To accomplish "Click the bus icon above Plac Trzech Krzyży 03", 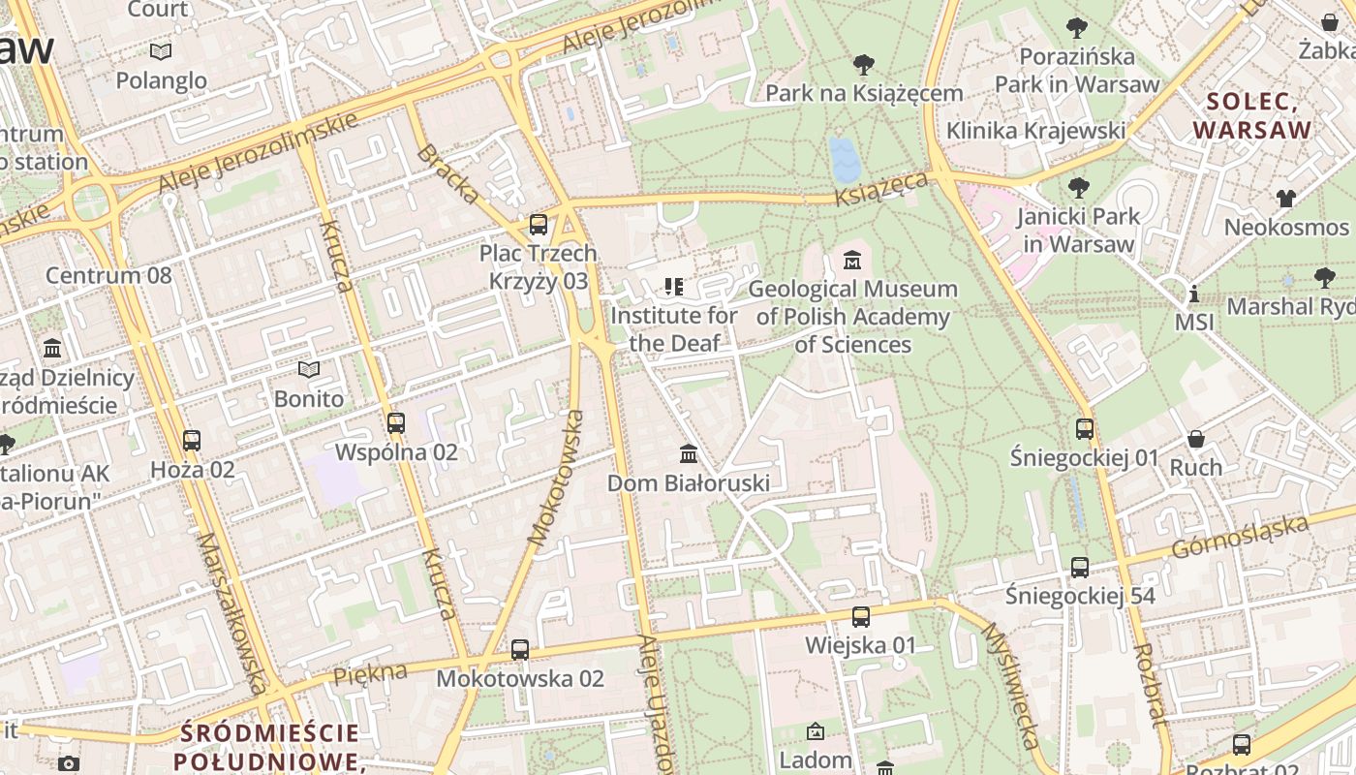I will tap(539, 225).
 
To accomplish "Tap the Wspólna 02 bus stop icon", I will tap(395, 423).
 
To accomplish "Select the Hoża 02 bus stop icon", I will tap(192, 441).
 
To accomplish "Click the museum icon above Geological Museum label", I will tap(852, 261).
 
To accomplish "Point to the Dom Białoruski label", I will tap(688, 483).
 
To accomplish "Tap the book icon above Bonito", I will tap(309, 370).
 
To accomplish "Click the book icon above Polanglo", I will tap(161, 51).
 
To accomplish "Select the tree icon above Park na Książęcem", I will tap(864, 65).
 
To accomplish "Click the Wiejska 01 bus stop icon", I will tap(860, 617).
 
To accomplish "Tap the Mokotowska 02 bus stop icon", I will tap(520, 650).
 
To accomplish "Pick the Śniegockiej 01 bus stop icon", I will tap(1084, 428).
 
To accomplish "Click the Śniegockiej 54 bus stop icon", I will tap(1079, 568).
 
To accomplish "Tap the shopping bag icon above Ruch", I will tap(1196, 440).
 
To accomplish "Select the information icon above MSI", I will tap(1193, 294).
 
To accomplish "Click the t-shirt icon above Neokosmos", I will tap(1285, 199).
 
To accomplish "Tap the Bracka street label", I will tap(447, 174).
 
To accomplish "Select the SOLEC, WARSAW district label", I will tap(1251, 115).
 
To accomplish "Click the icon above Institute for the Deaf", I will tap(673, 287).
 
